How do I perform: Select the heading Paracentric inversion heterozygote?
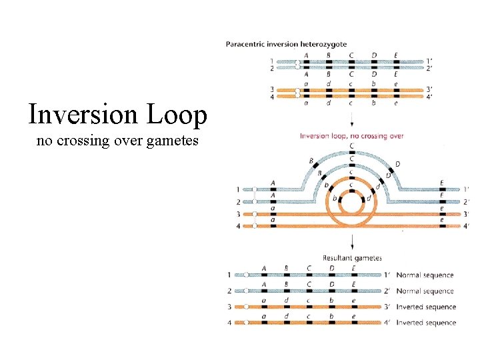click(x=287, y=45)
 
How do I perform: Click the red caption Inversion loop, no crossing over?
click(x=352, y=136)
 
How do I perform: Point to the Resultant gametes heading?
click(x=352, y=258)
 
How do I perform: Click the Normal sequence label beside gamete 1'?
click(x=425, y=275)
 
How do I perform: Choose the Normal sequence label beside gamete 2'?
click(x=425, y=291)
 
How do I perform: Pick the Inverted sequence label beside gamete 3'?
click(x=426, y=307)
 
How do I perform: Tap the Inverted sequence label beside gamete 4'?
click(x=426, y=323)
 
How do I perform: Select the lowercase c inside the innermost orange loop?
click(x=351, y=185)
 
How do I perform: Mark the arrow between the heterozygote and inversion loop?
click(x=351, y=120)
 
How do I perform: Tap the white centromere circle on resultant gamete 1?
click(x=246, y=275)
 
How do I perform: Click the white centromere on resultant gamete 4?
click(x=246, y=323)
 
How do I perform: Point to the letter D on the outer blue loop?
click(x=397, y=164)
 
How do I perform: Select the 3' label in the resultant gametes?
click(x=387, y=307)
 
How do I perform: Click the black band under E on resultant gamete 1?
click(x=353, y=275)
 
